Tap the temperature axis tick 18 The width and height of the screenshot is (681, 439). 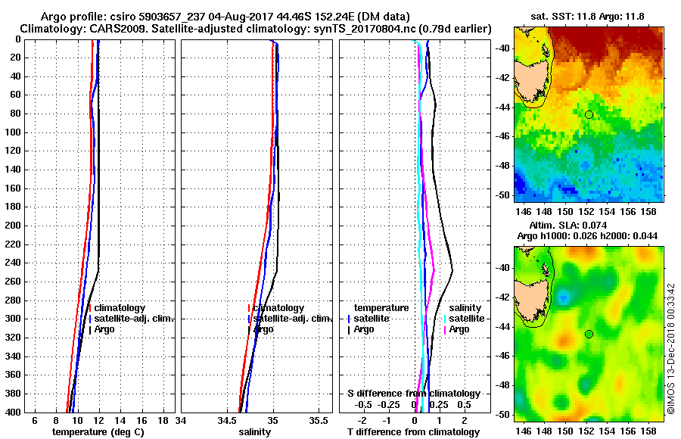coord(163,420)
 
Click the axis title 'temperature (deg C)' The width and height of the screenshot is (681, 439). coord(98,432)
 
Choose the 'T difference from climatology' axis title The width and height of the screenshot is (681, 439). coord(413,432)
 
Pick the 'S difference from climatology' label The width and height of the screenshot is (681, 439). coord(413,394)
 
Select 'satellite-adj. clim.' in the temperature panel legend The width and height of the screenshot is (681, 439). coord(133,319)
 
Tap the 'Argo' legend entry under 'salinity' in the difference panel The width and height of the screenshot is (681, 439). coord(459,329)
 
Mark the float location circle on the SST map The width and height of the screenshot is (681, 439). coord(589,114)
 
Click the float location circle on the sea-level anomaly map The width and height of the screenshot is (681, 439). coord(589,334)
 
